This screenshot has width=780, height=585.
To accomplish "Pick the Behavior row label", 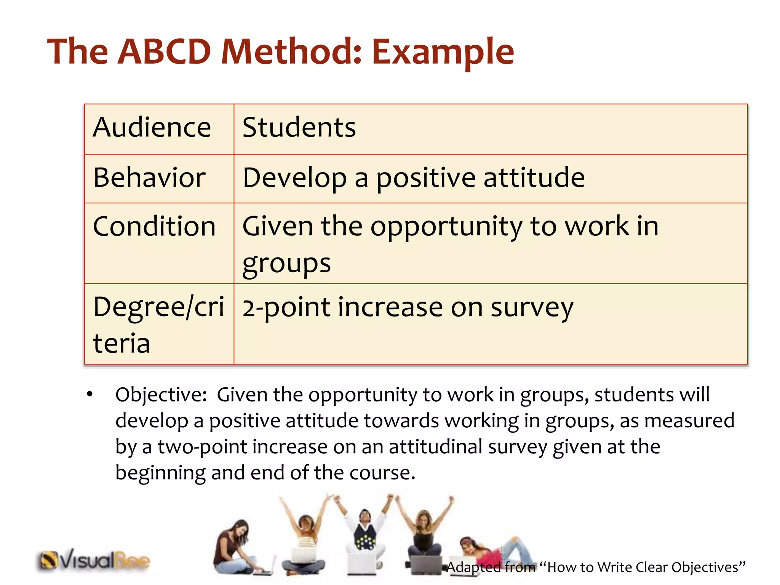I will tap(149, 177).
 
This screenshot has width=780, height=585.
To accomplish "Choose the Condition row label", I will tap(154, 226).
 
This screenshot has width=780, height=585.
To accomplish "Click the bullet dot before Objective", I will tap(90, 394).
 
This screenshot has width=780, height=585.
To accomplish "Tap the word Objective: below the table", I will tap(161, 395).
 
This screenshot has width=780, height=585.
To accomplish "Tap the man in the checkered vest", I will tap(365, 533).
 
